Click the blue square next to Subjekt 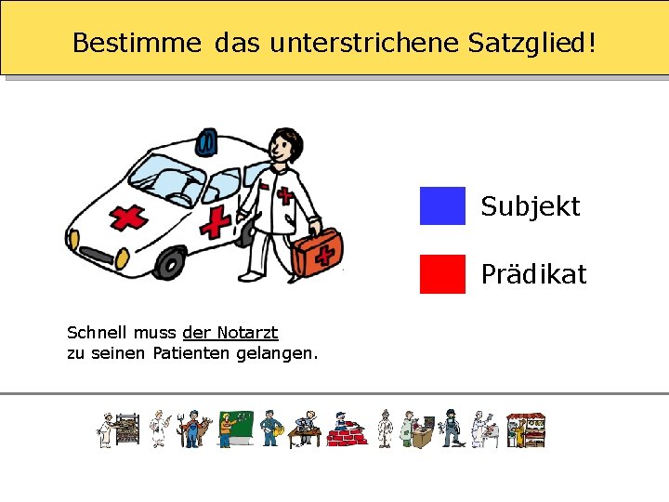pos(442,205)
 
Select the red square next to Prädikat pos(442,274)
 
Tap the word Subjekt pos(530,206)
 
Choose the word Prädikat pos(533,275)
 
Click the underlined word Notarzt pos(247,332)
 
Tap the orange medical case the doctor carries pos(318,249)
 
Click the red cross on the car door pos(216,222)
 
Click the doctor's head pos(283,146)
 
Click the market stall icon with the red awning pos(526,429)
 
